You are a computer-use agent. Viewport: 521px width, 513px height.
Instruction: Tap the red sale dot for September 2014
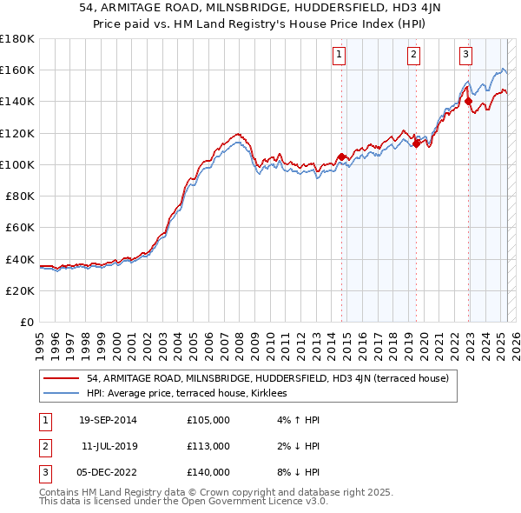341,157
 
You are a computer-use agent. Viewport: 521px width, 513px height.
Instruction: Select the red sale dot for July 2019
416,144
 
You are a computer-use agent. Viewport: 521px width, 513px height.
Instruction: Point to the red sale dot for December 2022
469,102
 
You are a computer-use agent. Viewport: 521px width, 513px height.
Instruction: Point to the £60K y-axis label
20,228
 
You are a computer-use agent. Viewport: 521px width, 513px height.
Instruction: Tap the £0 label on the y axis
29,323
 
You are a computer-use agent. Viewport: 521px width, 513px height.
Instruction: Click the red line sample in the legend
60,378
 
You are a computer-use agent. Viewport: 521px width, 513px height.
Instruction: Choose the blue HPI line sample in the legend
60,394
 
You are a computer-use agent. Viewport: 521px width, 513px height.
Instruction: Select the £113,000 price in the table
208,446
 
